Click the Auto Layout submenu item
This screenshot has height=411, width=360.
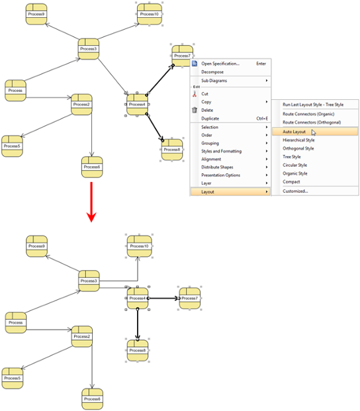point(294,132)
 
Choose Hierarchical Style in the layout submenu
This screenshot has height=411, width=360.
point(298,140)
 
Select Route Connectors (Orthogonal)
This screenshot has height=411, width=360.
point(312,122)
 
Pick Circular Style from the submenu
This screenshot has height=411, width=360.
point(294,165)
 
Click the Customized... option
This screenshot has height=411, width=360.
point(295,191)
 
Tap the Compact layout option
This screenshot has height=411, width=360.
point(291,181)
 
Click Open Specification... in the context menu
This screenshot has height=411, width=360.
point(220,64)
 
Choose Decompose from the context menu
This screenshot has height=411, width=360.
point(212,72)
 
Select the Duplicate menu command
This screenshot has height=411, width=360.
point(210,118)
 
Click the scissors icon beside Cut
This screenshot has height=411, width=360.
point(195,94)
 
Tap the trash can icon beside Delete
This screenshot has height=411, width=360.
point(195,110)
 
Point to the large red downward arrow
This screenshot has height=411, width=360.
point(91,202)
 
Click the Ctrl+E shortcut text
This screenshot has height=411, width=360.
point(262,118)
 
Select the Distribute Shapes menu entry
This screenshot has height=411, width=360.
point(217,167)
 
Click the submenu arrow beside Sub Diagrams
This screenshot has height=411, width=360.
point(267,81)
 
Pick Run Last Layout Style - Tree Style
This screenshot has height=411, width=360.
point(313,105)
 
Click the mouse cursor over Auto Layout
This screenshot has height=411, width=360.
point(314,132)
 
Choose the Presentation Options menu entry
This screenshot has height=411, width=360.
point(220,175)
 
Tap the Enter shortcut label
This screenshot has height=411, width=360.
point(261,64)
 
